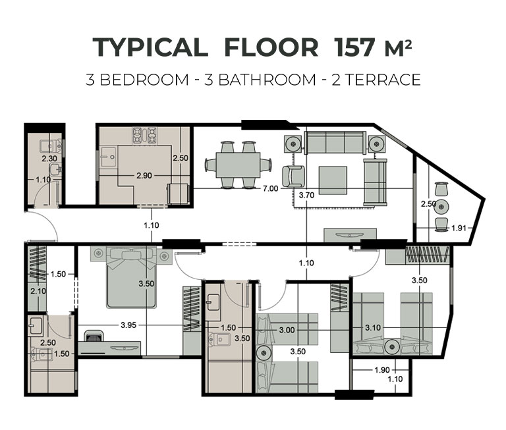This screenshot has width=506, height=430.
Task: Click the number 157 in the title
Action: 356,47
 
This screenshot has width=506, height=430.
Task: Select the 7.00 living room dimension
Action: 270,188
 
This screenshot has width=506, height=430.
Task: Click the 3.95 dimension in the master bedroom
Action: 128,325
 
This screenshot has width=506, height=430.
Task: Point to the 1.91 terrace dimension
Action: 459,228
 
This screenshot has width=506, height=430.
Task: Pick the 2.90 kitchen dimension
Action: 144,176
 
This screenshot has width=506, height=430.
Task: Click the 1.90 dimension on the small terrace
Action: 382,369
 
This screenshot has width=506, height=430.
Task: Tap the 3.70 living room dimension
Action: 306,195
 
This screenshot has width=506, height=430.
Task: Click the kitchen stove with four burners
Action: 144,136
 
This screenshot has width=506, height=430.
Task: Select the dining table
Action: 238,165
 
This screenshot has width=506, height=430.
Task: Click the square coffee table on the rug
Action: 333,180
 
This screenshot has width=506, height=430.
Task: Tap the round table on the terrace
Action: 441,207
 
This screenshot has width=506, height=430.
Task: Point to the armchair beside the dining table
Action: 293,176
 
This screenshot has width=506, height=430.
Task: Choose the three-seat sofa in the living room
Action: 335,142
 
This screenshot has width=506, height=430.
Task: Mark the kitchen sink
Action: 108,157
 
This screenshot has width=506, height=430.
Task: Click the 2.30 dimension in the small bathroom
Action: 49,159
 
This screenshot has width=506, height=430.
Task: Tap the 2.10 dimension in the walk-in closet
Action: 38,291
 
